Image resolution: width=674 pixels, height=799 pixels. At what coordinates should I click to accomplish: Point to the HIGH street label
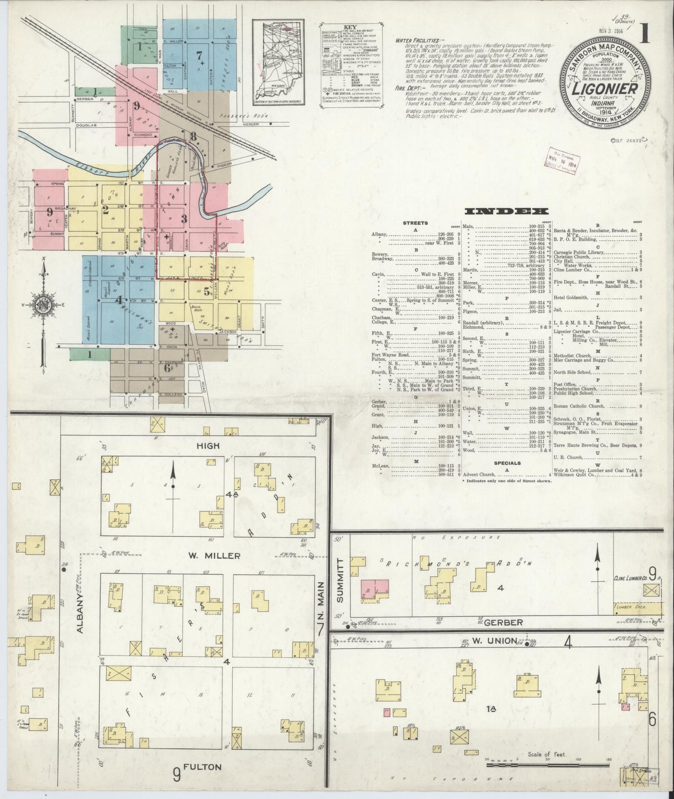click(208, 446)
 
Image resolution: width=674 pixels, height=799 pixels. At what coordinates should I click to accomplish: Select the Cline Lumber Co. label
click(630, 578)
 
